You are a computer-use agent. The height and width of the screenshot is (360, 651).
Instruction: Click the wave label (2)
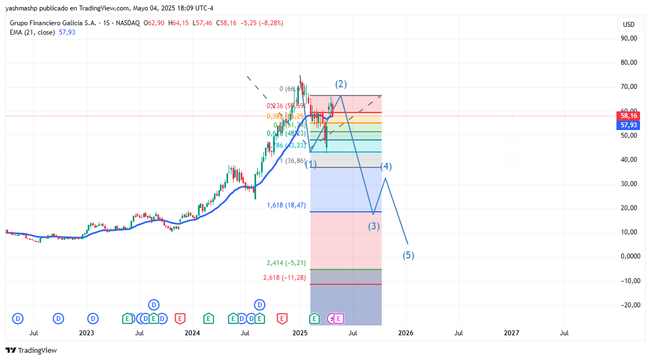[341, 84]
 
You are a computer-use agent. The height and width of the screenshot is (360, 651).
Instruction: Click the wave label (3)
[374, 226]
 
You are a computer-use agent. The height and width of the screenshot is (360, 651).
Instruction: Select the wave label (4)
[386, 166]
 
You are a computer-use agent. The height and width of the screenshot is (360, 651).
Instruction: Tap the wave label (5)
[409, 255]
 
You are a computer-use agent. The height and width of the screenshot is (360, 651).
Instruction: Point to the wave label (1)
[311, 164]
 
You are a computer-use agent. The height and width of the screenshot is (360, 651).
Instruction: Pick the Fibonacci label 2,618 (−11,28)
[284, 278]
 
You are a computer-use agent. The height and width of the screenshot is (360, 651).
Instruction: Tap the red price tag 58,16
[629, 116]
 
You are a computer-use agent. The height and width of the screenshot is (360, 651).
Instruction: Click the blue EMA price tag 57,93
[629, 125]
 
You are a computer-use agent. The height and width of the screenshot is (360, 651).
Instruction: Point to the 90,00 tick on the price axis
[629, 38]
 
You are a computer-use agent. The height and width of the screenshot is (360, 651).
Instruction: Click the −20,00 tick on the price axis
[627, 305]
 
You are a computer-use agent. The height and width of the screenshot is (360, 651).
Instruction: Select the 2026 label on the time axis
[405, 333]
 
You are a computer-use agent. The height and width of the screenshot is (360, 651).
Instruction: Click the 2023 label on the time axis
[86, 333]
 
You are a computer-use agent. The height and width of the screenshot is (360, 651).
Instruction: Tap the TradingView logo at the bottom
[31, 350]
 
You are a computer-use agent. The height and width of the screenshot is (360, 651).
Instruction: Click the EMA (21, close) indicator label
[32, 32]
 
